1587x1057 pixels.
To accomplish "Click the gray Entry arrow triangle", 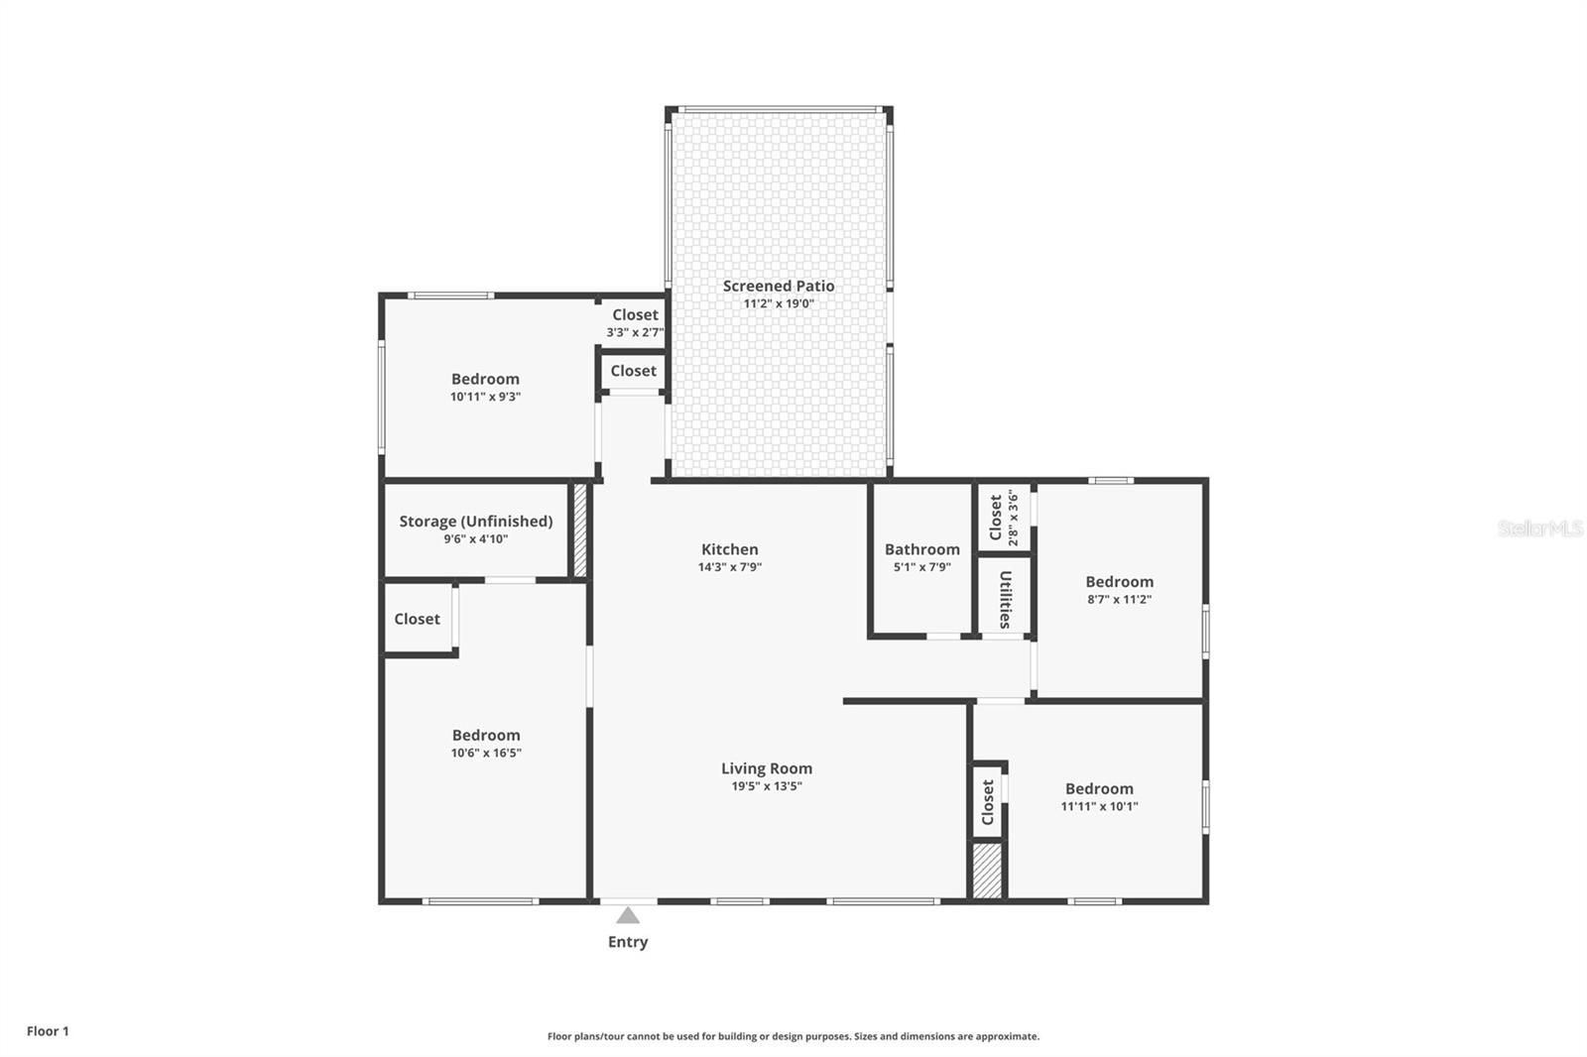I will pos(628,915).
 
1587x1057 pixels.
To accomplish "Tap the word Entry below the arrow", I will pos(628,942).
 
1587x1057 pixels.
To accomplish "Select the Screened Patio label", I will pos(779,286).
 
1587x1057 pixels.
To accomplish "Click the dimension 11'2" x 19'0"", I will pos(779,303).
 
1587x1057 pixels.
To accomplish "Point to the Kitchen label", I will pos(730,549).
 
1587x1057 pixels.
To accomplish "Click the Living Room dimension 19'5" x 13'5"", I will pos(767,786).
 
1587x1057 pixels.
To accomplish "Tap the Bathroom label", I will pos(922,549).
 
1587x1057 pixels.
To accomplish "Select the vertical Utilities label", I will pos(1005,599).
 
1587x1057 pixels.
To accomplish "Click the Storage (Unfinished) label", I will pos(476,522).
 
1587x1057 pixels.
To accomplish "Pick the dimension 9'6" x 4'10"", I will pos(476,539).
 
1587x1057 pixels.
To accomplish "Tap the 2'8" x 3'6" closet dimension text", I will pos(1013,518).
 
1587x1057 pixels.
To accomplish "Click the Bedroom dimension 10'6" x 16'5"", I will pos(486,753).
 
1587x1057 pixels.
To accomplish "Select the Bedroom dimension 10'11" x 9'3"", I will pos(485,397).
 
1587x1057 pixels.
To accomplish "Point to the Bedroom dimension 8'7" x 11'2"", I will pos(1119,600).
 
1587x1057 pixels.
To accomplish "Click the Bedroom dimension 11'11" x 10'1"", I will pos(1099,806).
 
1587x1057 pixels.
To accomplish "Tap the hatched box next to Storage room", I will pos(580,529).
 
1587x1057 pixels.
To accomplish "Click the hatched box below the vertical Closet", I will pos(987,871).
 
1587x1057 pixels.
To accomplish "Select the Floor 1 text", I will pos(48,1031).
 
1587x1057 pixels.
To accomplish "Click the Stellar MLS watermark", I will pos(1539,528).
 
